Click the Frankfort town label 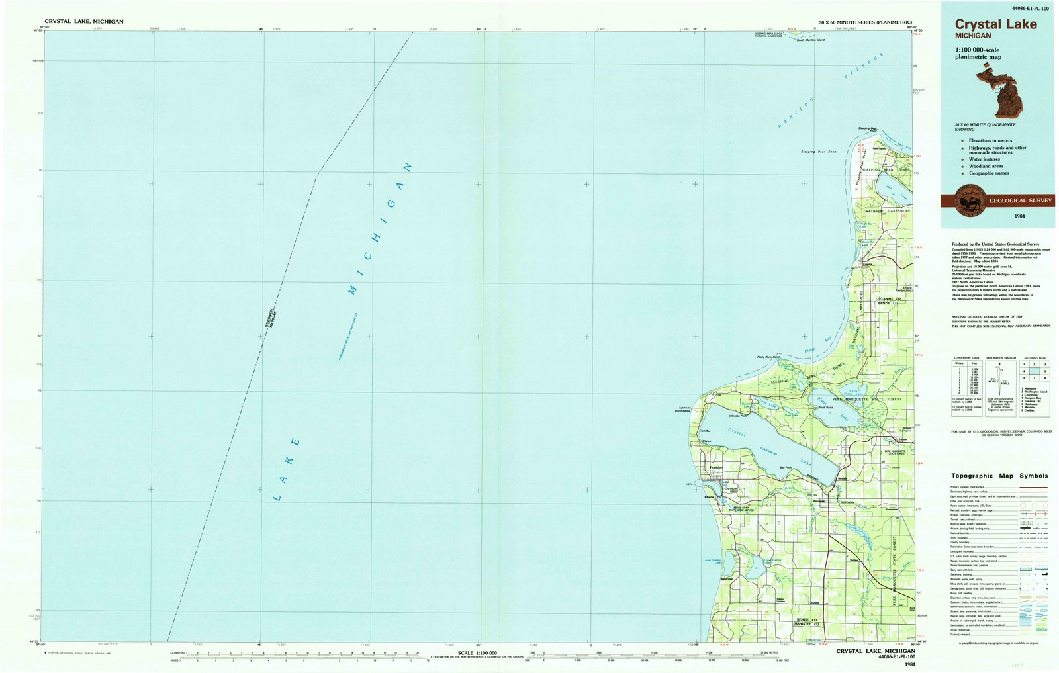pos(715,468)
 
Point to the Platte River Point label pos(768,357)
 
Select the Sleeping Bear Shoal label pos(819,152)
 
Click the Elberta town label pos(709,496)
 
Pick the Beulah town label pos(842,478)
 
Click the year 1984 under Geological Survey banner pos(1019,216)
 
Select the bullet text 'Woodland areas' pos(986,166)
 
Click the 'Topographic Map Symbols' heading pos(999,476)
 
